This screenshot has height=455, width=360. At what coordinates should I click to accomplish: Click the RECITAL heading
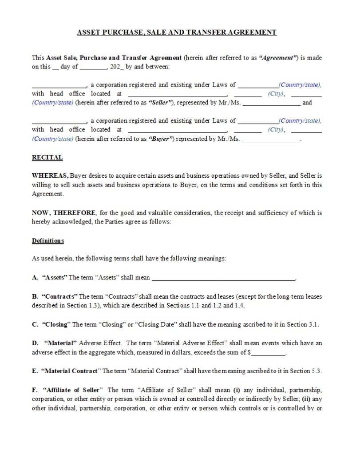pos(47,157)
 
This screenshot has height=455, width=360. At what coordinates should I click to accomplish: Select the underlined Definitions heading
pos(48,241)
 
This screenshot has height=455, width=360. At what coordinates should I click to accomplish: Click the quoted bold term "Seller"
pos(160,103)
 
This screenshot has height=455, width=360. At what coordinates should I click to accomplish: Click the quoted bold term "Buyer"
pos(160,139)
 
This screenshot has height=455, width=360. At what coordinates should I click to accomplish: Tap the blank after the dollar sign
pos(269,353)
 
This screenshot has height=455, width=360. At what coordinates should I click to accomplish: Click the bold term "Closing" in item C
pos(55,324)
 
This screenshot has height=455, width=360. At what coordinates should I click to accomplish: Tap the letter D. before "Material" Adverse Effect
pos(35,343)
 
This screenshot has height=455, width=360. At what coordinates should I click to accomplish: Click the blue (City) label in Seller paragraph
pos(276,93)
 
